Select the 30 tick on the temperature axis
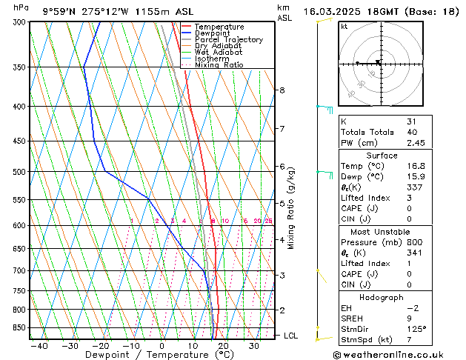point(254,345)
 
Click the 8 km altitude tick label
point(282,90)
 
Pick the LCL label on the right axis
point(292,336)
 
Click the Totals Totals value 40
point(412,132)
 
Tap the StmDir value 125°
point(416,330)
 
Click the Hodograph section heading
point(382,297)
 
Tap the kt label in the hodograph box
point(344,26)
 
